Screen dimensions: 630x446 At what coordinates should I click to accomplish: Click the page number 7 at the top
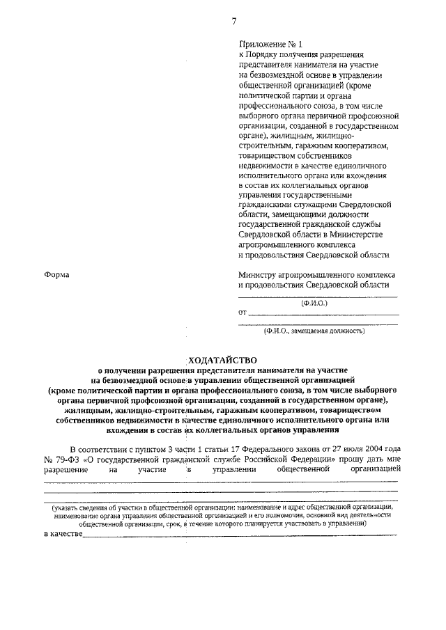(x=234, y=21)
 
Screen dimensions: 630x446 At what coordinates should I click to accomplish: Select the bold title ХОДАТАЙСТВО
(x=222, y=360)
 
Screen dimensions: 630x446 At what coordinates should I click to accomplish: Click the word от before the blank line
(x=243, y=314)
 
